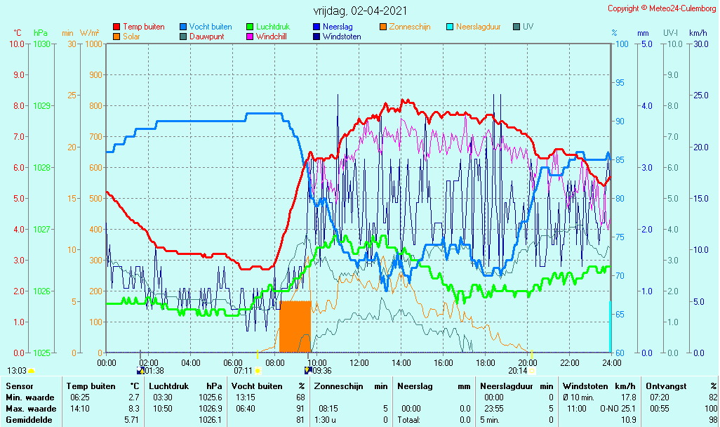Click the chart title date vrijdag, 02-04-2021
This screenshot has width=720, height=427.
pyautogui.click(x=360, y=11)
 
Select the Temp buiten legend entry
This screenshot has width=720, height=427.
pyautogui.click(x=139, y=27)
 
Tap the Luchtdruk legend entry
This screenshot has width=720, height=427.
pyautogui.click(x=268, y=27)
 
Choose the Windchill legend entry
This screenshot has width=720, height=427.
pyautogui.click(x=267, y=37)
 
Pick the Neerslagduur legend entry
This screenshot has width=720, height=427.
pyautogui.click(x=474, y=27)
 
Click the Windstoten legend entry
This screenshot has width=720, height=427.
pyautogui.click(x=337, y=37)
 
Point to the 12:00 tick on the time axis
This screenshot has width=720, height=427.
pyautogui.click(x=359, y=362)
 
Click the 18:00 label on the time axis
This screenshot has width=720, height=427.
pyautogui.click(x=486, y=362)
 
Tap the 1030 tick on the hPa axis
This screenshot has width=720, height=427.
pyautogui.click(x=42, y=44)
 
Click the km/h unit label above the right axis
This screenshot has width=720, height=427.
pyautogui.click(x=698, y=33)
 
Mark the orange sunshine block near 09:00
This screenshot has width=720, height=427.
pyautogui.click(x=295, y=327)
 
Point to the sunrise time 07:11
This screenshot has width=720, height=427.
pyautogui.click(x=243, y=371)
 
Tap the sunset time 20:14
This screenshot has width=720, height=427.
pyautogui.click(x=517, y=371)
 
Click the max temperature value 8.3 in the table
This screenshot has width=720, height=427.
pyautogui.click(x=133, y=409)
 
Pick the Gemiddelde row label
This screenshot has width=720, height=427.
pyautogui.click(x=29, y=420)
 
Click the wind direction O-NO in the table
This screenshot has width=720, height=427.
pyautogui.click(x=610, y=409)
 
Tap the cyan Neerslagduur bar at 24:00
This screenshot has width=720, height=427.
pyautogui.click(x=611, y=327)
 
